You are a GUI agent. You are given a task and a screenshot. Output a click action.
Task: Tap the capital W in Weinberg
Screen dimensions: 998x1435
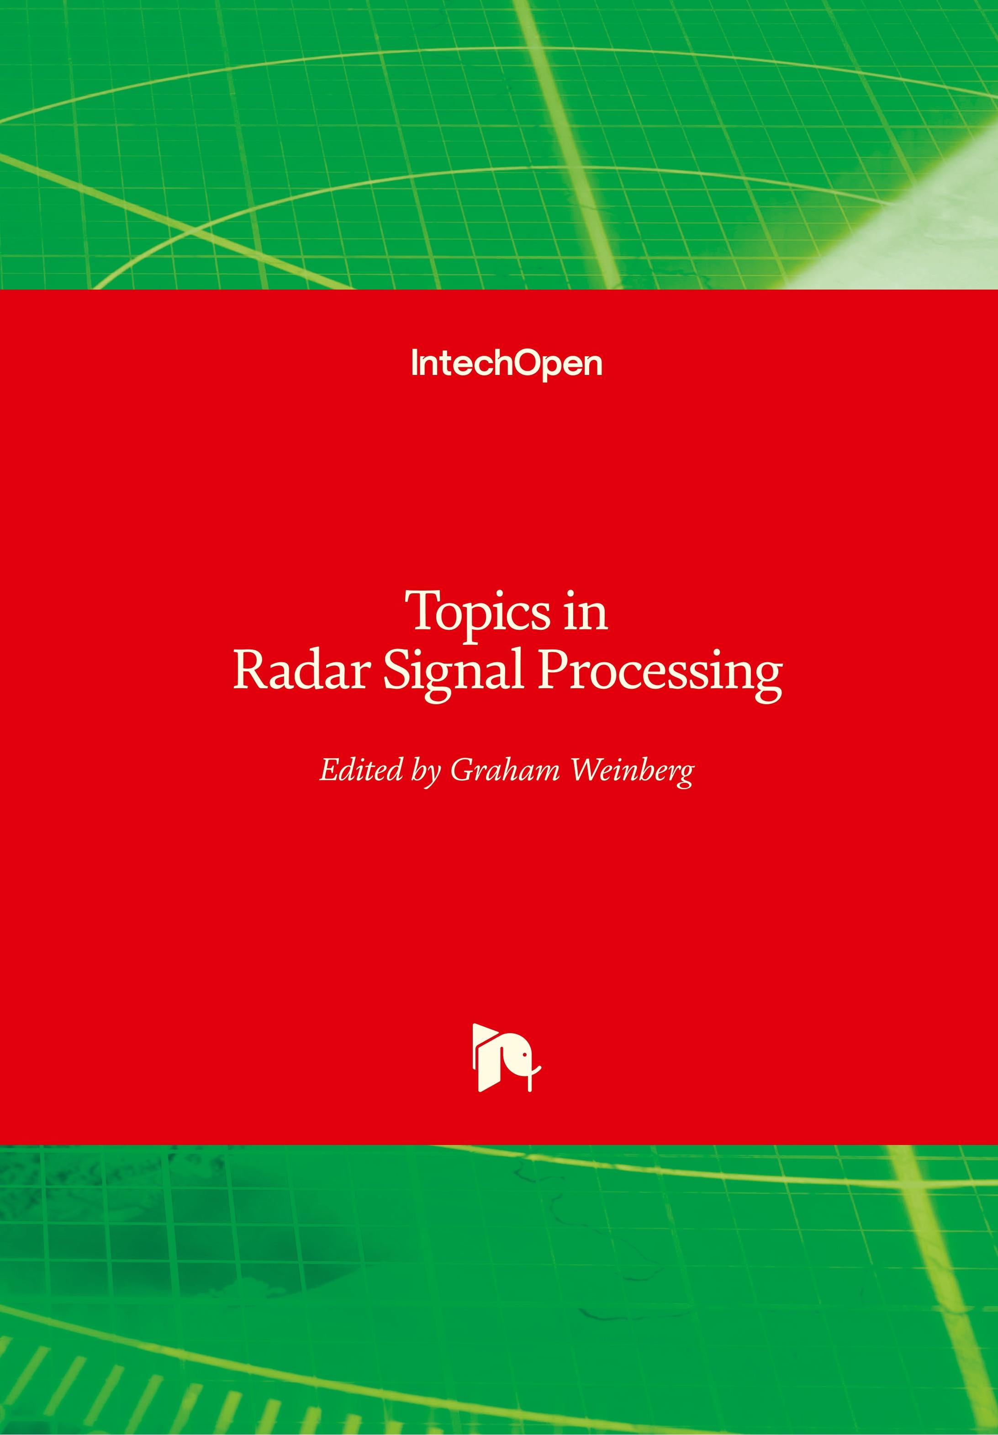pyautogui.click(x=589, y=770)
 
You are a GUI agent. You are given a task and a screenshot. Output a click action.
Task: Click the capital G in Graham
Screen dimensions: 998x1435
pyautogui.click(x=462, y=770)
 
